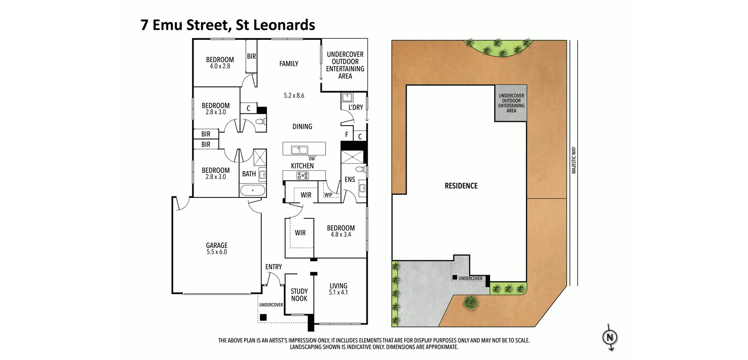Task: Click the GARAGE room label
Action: click(x=217, y=245)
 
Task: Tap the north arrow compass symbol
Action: click(x=610, y=337)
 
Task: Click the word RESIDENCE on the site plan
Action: click(x=461, y=186)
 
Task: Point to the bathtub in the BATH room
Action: click(x=253, y=191)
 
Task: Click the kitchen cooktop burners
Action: click(x=302, y=176)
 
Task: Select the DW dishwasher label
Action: click(x=312, y=159)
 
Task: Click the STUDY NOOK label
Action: click(x=299, y=295)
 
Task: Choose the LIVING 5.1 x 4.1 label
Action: click(x=338, y=289)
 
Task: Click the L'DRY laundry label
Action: click(x=355, y=107)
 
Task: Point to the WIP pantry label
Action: click(x=328, y=195)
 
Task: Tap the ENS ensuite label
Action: click(x=350, y=179)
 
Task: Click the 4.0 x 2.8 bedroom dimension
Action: click(x=220, y=66)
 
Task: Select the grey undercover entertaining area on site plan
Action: click(x=511, y=103)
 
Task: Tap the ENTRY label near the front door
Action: click(x=273, y=267)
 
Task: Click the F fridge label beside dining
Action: click(x=346, y=135)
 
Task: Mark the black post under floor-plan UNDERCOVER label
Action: click(x=263, y=318)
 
